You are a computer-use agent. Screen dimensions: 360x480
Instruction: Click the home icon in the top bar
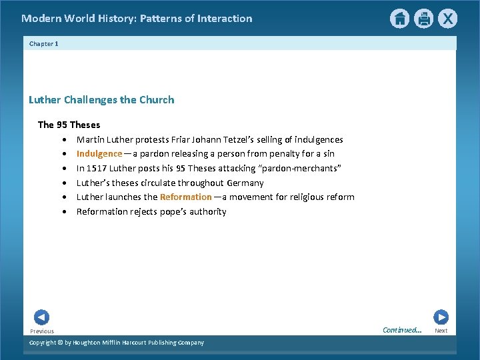(x=399, y=19)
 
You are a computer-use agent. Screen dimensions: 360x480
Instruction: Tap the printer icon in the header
(x=423, y=19)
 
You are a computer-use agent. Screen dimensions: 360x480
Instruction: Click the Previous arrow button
(x=41, y=317)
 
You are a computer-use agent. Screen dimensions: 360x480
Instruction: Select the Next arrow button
(x=441, y=317)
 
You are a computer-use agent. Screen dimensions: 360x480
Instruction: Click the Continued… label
(x=402, y=330)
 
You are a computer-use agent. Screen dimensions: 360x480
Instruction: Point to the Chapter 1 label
(x=44, y=43)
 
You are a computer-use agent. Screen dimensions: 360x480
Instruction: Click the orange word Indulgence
(x=99, y=153)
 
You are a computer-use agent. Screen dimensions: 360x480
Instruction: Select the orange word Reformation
(x=185, y=197)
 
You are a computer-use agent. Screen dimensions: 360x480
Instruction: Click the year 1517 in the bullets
(x=97, y=168)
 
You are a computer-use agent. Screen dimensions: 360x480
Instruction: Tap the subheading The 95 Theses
(x=69, y=125)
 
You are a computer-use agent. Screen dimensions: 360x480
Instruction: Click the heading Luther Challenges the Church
(x=101, y=100)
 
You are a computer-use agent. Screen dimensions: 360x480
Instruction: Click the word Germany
(x=245, y=183)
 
